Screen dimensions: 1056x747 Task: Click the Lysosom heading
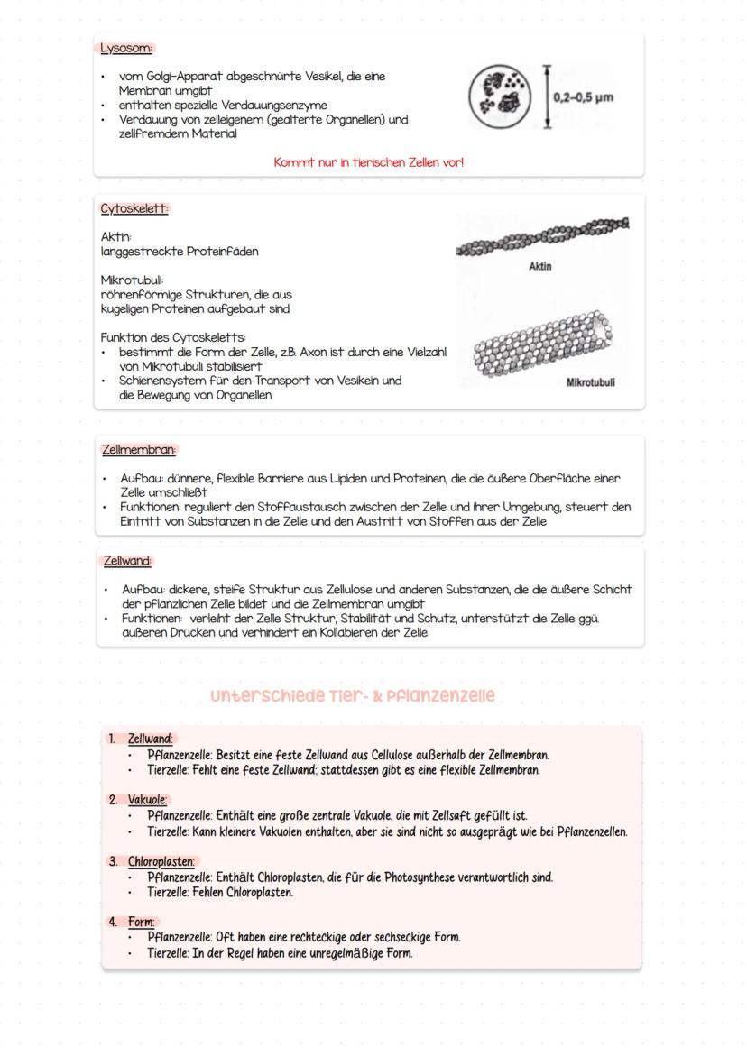125,48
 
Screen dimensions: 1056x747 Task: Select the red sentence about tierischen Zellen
368,162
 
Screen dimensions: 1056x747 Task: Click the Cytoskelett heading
134,208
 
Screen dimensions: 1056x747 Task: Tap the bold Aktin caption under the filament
539,266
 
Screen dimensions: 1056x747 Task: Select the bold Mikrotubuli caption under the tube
590,382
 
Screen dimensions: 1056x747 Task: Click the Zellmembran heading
139,448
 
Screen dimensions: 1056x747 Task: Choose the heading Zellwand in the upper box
127,560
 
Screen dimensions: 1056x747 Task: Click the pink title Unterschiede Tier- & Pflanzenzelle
353,696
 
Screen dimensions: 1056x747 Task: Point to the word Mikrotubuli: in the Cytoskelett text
132,280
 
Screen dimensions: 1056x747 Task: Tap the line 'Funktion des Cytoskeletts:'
173,337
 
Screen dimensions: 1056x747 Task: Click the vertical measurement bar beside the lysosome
546,96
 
